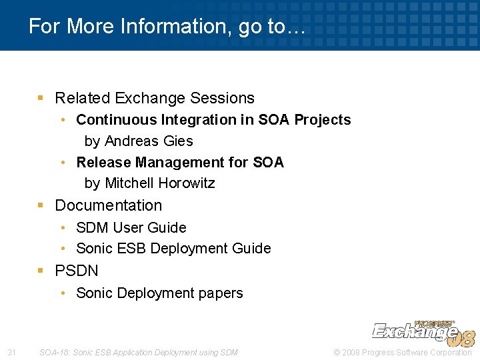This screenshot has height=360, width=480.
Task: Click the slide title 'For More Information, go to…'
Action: pos(167,27)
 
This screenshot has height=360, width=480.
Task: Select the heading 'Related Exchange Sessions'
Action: pos(154,98)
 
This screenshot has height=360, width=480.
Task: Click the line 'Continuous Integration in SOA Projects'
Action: pos(213,120)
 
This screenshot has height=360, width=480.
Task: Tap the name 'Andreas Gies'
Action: pos(149,141)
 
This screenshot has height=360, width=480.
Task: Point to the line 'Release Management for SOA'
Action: pos(180,163)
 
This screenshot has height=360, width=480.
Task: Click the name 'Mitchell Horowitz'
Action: pos(159,183)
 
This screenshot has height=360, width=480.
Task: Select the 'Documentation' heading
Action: pos(108,205)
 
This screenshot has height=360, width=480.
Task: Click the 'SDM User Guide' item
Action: pos(131,228)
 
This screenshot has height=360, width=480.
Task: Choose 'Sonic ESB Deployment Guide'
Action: pos(173,249)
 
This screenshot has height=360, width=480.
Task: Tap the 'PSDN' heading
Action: pos(76,271)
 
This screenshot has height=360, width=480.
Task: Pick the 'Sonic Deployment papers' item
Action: pos(159,293)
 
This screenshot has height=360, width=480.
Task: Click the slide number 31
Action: pos(11,352)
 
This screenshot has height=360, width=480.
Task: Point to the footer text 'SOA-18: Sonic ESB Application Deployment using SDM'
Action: pos(139,352)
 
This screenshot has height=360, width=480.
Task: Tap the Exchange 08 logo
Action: pos(423,331)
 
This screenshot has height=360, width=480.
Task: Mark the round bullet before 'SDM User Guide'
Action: pos(63,228)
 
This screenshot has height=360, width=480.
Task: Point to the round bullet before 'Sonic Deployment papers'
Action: pos(63,293)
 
